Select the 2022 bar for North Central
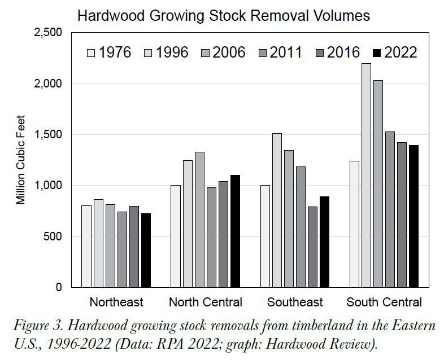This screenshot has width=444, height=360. pos(236,231)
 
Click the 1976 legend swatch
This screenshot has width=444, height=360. pos(91,54)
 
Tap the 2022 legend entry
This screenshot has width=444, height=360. pos(395,53)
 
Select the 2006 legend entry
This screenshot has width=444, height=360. pos(223,53)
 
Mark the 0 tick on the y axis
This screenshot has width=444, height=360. pos(58,287)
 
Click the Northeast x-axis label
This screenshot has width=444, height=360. pos(116,302)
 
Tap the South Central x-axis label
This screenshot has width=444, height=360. pos(384,302)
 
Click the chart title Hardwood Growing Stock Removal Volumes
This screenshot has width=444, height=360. pos(223,15)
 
